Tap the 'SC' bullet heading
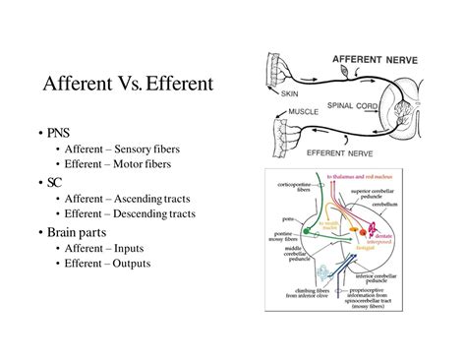pos(54,181)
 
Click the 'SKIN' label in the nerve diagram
pos(290,94)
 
